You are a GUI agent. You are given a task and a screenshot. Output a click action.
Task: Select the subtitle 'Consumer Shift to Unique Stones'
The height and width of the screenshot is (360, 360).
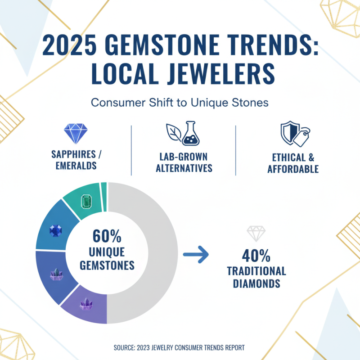pos(180,103)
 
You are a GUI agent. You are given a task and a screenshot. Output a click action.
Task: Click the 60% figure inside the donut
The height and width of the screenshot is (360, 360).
pos(107,236)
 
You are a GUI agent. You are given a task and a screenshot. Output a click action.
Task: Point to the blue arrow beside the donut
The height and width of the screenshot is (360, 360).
pos(197,255)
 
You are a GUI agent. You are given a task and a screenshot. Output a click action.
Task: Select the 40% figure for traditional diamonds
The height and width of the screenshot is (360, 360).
pos(256,256)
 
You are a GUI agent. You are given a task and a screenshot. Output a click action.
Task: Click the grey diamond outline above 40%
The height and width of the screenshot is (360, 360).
pos(256,233)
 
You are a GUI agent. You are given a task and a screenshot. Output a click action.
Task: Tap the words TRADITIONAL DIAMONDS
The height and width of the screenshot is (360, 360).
pos(256,277)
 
